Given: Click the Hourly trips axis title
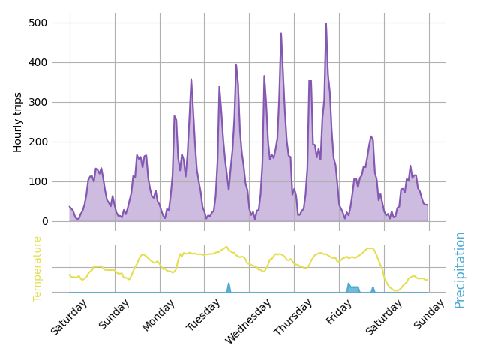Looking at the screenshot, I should (x=18, y=122).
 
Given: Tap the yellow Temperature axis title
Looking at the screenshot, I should (x=37, y=268).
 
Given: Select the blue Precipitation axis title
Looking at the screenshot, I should (x=460, y=269).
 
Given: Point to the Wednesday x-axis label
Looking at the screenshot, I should (x=248, y=320).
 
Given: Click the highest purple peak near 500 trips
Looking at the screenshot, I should (x=325, y=23).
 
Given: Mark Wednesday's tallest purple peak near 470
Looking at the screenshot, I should (x=281, y=34).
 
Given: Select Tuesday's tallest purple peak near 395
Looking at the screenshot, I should (x=236, y=64).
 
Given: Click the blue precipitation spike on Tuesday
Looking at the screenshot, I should (x=229, y=286).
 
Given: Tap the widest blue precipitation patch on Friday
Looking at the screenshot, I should (x=353, y=289).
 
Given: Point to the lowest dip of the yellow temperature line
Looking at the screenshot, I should (x=395, y=290).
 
